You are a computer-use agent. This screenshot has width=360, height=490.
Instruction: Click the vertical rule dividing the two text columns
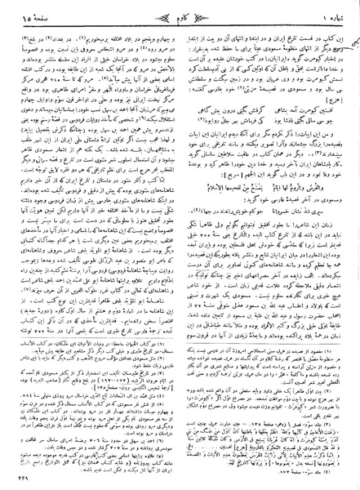[180, 245]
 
